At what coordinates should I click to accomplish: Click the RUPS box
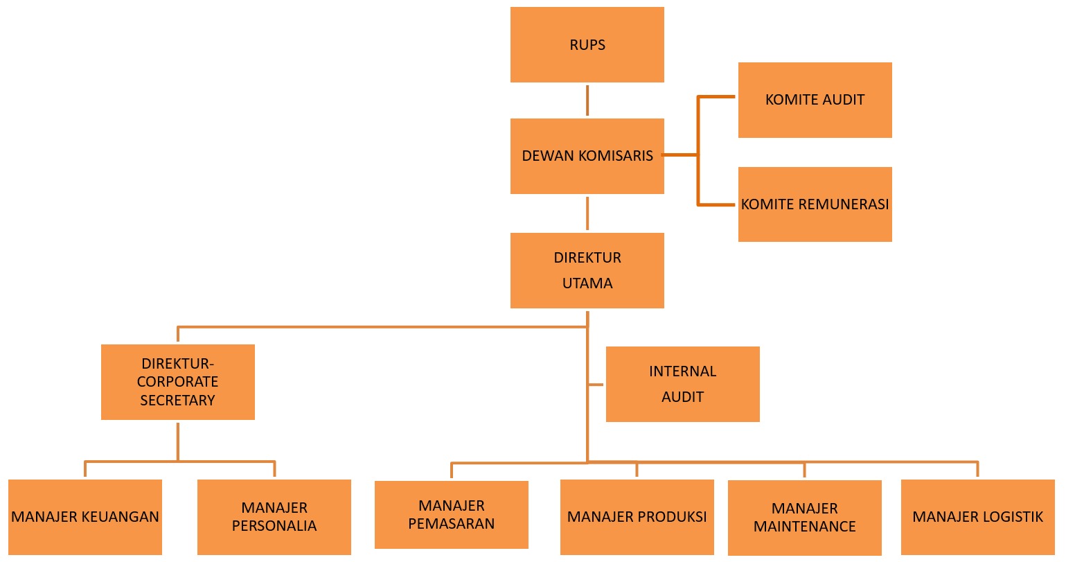coord(587,45)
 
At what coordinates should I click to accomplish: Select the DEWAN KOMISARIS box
coord(587,156)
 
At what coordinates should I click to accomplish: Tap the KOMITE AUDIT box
coord(815,100)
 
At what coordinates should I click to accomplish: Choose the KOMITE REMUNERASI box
coord(815,204)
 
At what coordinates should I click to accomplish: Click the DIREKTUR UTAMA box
coord(587,270)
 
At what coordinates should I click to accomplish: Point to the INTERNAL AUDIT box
coord(682,384)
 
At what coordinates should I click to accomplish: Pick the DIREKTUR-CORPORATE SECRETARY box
coord(177,382)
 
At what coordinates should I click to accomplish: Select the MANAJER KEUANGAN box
coord(85,517)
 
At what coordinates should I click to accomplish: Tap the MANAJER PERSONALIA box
coord(274,517)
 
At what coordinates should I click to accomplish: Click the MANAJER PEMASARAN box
coord(451,515)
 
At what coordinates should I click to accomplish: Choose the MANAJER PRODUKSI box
coord(637,517)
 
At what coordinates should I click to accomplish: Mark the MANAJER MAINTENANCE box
coord(804,518)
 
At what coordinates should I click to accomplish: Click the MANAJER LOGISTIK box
coord(977,517)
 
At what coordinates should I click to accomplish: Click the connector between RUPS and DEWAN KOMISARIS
coord(587,100)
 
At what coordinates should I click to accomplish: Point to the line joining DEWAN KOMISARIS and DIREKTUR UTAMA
coord(587,213)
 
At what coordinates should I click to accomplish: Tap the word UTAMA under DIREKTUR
coord(587,283)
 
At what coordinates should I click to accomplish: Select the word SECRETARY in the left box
coord(177,401)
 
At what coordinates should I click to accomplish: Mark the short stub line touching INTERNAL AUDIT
coord(596,384)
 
